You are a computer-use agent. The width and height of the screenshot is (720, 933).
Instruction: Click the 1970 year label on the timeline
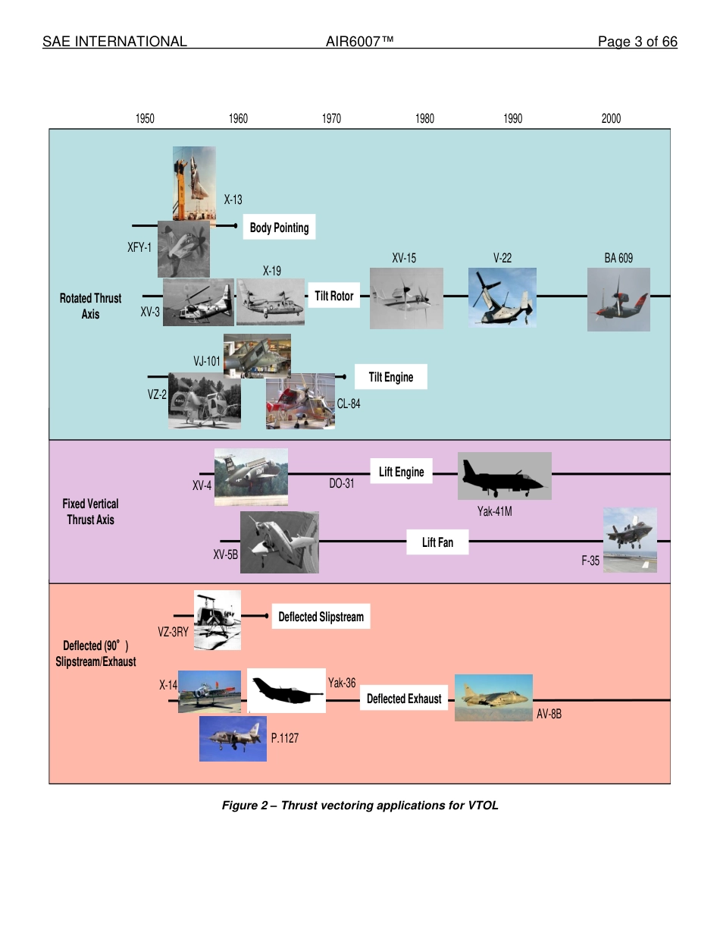click(331, 118)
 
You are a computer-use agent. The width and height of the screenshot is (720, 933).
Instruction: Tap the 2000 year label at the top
click(611, 118)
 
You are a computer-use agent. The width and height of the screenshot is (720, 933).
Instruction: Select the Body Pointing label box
click(279, 228)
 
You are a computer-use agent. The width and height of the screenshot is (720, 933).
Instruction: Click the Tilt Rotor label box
click(334, 296)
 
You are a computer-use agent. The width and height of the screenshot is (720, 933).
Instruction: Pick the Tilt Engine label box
click(390, 377)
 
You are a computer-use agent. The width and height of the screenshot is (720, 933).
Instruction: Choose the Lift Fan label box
click(437, 542)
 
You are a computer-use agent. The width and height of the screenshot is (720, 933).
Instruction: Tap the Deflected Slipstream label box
click(321, 617)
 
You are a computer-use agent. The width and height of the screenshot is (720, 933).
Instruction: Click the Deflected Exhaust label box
click(404, 699)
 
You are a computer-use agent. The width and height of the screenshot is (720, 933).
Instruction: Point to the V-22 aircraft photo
click(502, 297)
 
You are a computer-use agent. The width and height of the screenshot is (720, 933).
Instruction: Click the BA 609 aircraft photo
click(618, 299)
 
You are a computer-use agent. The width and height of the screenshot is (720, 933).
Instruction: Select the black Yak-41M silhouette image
click(504, 476)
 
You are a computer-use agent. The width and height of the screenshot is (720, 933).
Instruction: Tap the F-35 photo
click(630, 539)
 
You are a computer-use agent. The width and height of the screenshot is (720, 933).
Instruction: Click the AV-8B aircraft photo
click(493, 697)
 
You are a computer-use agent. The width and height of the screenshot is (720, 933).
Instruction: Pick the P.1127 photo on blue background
click(233, 739)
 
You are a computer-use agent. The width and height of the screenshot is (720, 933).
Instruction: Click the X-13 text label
click(233, 200)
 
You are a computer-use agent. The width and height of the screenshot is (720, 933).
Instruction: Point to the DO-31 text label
click(341, 483)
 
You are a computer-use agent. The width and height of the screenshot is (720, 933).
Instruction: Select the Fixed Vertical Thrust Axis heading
click(90, 511)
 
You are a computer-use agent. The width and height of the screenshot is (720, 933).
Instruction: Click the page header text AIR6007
click(359, 42)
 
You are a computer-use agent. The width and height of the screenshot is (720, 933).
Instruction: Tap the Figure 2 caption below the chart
click(360, 805)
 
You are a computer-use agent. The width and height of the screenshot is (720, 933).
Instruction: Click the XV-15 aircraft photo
click(406, 298)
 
